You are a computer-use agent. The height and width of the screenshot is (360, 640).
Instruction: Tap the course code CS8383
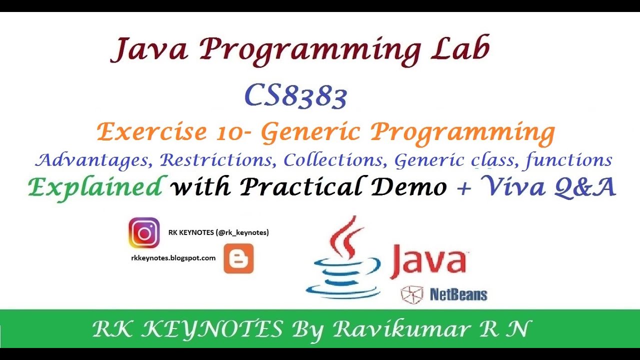pos(295,96)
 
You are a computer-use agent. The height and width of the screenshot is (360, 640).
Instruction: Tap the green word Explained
pos(95,187)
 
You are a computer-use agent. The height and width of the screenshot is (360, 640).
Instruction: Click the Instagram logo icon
pos(144,233)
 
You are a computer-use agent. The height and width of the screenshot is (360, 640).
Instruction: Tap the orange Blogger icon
pos(238,258)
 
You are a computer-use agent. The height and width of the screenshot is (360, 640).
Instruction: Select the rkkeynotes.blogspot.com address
pos(173,258)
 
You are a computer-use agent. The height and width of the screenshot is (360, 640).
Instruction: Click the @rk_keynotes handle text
pos(242,232)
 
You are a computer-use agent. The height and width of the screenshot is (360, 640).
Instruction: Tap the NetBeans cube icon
pos(412,294)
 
